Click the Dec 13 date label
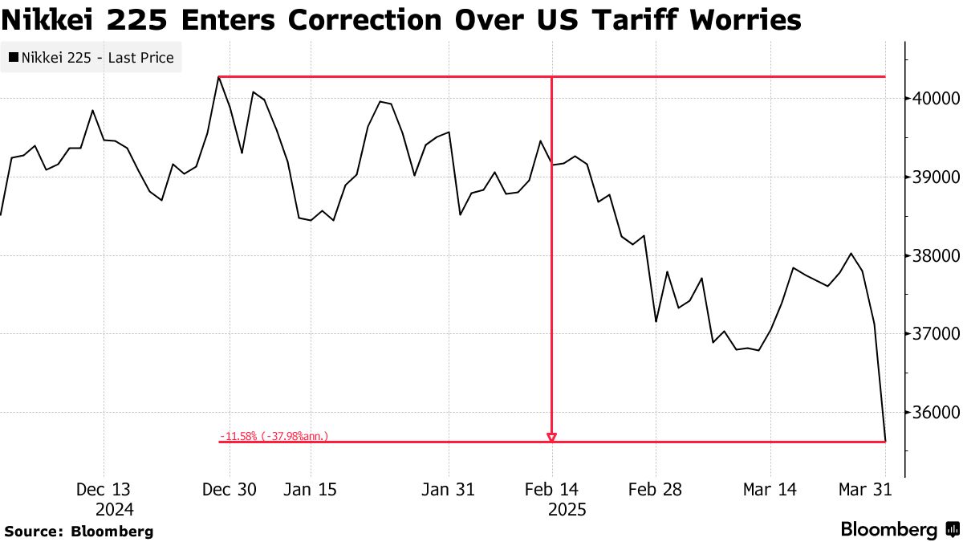pos(104,490)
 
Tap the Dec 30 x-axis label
pos(230,490)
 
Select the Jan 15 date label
pos(311,490)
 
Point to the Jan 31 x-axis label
pos(448,490)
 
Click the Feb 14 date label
pos(552,490)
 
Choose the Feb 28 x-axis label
pos(655,490)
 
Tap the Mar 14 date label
pos(770,490)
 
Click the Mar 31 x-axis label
pos(865,490)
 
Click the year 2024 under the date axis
pos(115,510)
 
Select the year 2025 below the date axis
pos(567,510)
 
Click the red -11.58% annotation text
pos(273,436)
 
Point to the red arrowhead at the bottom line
pos(551,438)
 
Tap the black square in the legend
pos(14,58)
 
